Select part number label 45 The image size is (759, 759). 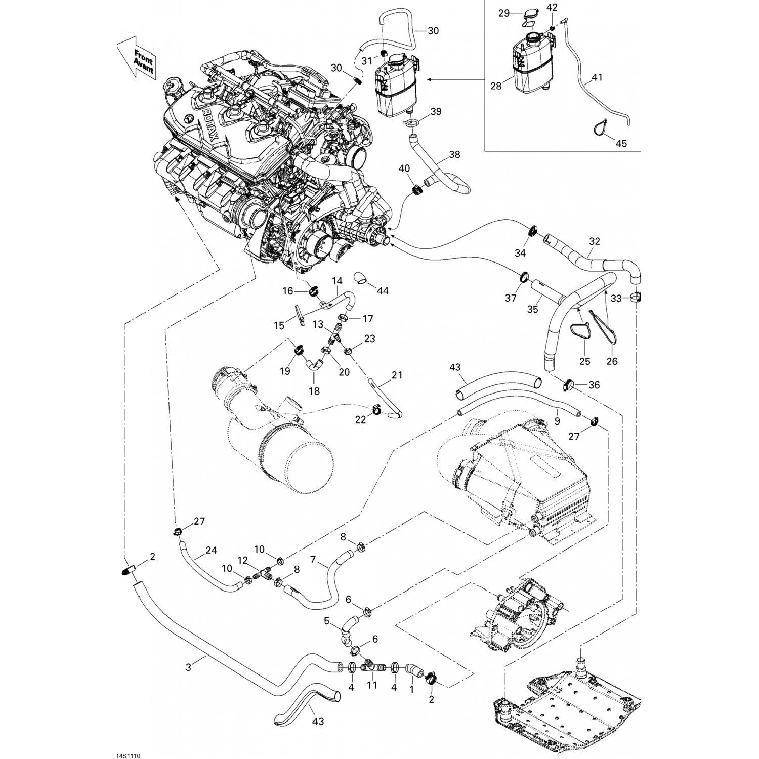(621, 143)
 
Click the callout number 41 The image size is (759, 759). (597, 78)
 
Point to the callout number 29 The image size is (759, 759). (503, 13)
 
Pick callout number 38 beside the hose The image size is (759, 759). (454, 155)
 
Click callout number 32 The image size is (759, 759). (595, 241)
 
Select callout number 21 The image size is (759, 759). (397, 375)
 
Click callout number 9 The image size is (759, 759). (556, 419)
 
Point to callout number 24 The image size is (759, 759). (211, 550)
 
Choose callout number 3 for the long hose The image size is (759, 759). (189, 667)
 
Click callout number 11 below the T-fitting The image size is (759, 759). (372, 686)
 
